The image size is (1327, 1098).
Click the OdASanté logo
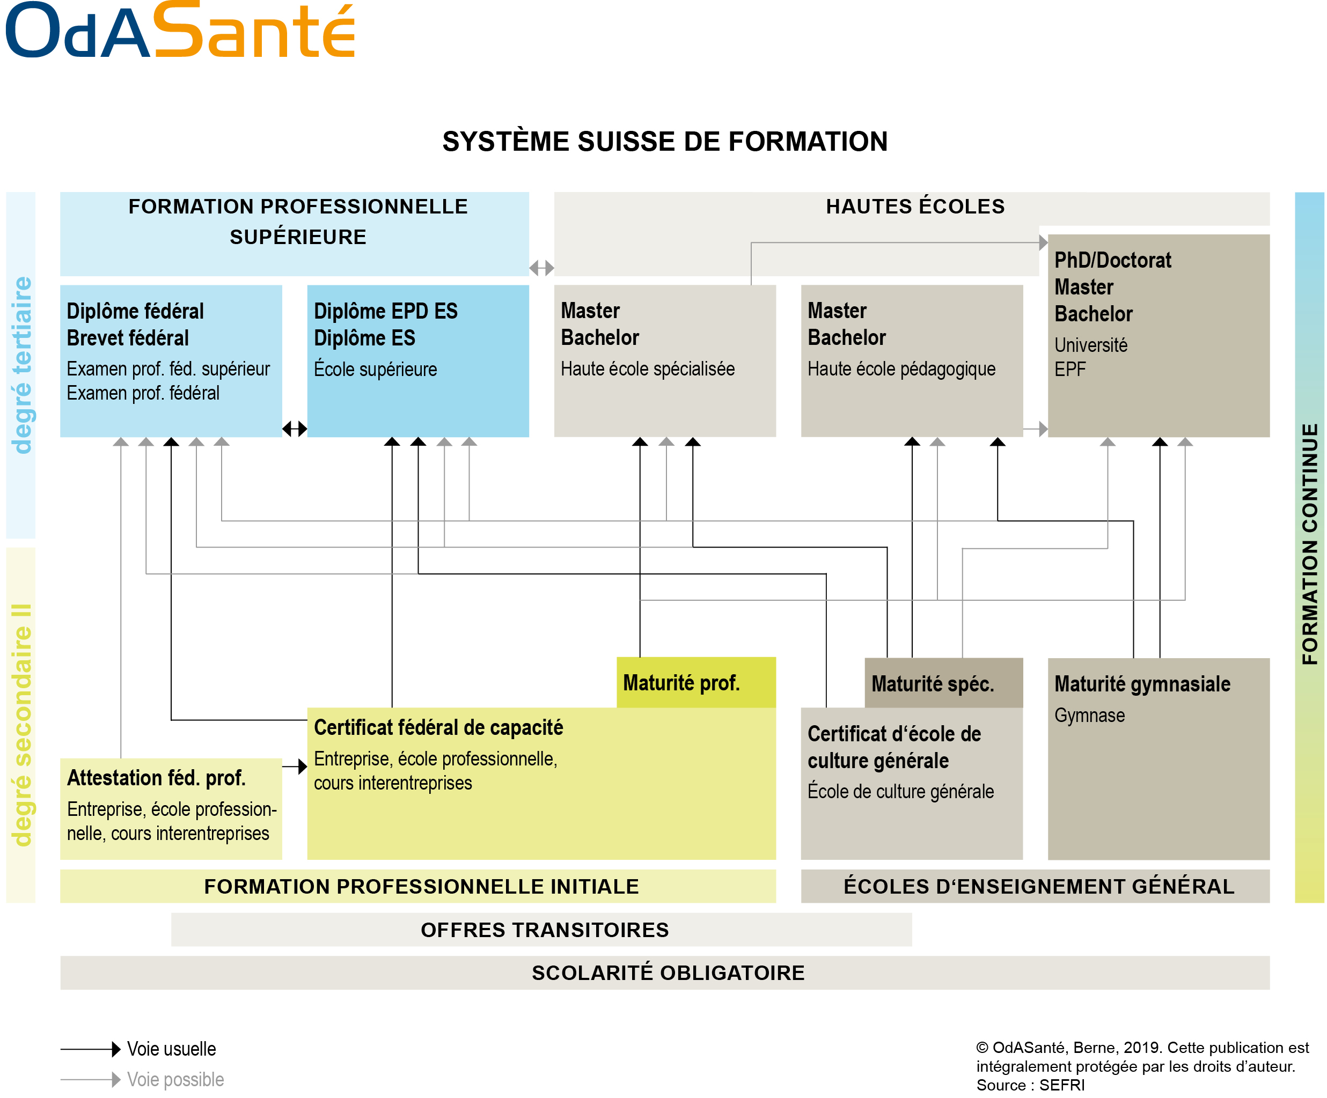click(180, 31)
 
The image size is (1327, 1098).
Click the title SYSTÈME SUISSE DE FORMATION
click(665, 142)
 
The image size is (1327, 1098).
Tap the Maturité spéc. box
click(943, 683)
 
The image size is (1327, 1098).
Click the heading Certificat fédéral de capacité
click(438, 727)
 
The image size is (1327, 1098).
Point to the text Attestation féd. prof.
click(156, 778)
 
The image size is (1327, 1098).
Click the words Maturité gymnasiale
click(1142, 683)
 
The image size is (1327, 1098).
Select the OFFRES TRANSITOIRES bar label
click(544, 930)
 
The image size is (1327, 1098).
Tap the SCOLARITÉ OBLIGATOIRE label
click(668, 972)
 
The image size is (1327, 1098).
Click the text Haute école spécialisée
click(647, 369)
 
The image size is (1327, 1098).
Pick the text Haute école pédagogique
click(901, 369)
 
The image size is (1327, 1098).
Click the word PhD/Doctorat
click(1112, 260)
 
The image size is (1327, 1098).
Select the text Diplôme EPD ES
click(385, 311)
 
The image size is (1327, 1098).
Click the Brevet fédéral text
click(128, 338)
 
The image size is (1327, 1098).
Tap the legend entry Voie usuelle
click(171, 1049)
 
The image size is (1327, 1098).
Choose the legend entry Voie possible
click(175, 1079)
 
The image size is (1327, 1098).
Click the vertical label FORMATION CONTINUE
click(1309, 543)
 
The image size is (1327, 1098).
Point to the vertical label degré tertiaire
click(21, 365)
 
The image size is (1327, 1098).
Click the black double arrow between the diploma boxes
click(295, 429)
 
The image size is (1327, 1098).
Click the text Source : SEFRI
click(1030, 1085)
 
